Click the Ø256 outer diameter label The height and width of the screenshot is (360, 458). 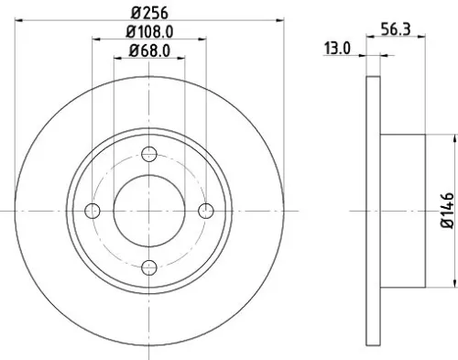click(x=148, y=13)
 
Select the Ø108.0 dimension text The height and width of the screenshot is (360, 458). click(x=148, y=32)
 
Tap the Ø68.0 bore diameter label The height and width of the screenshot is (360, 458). click(x=148, y=50)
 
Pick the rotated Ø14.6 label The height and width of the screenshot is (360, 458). click(x=446, y=210)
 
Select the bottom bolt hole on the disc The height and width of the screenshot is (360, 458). click(x=147, y=267)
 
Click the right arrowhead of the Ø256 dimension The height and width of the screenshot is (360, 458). click(x=280, y=23)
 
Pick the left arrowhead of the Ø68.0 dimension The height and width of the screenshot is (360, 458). click(x=115, y=60)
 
